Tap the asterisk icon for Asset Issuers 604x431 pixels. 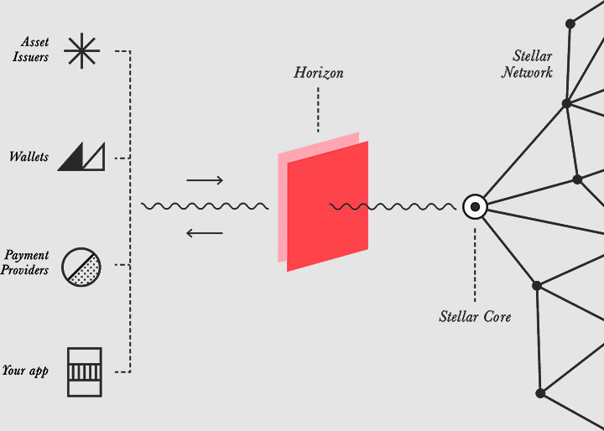[x=82, y=51]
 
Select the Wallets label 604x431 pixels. [x=29, y=157]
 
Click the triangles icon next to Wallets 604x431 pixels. [x=81, y=156]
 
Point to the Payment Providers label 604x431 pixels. [x=27, y=262]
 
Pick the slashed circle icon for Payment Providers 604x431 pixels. [x=81, y=265]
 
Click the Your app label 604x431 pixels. [x=25, y=370]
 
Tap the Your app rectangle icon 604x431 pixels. [x=84, y=371]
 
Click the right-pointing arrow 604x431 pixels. [x=205, y=180]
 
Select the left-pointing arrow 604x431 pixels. [x=205, y=232]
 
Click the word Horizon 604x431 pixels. [x=318, y=73]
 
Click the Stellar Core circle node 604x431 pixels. [x=475, y=206]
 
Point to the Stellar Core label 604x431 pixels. [x=475, y=317]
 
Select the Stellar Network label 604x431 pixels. [x=528, y=65]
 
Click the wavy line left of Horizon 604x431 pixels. [x=205, y=206]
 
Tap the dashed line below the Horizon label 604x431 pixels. [x=318, y=109]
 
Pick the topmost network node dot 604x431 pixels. [x=570, y=23]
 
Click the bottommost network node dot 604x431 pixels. [x=540, y=392]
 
